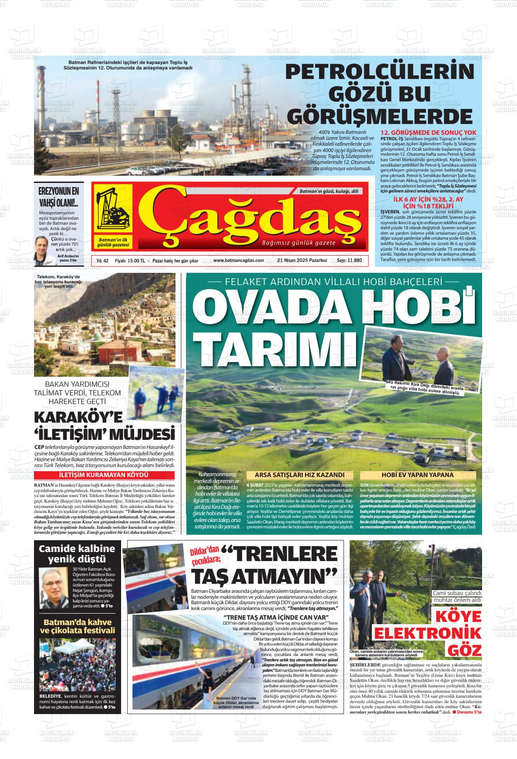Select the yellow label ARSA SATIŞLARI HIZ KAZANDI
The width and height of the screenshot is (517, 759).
300,475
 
